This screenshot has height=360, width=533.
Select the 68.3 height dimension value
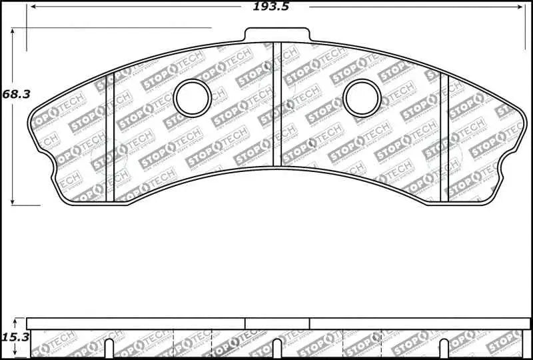(16, 95)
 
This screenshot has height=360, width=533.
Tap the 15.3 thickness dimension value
(15, 338)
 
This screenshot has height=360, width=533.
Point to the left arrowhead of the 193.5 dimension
(29, 6)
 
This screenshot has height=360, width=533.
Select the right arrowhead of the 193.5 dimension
(522, 6)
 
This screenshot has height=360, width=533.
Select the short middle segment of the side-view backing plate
(277, 323)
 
